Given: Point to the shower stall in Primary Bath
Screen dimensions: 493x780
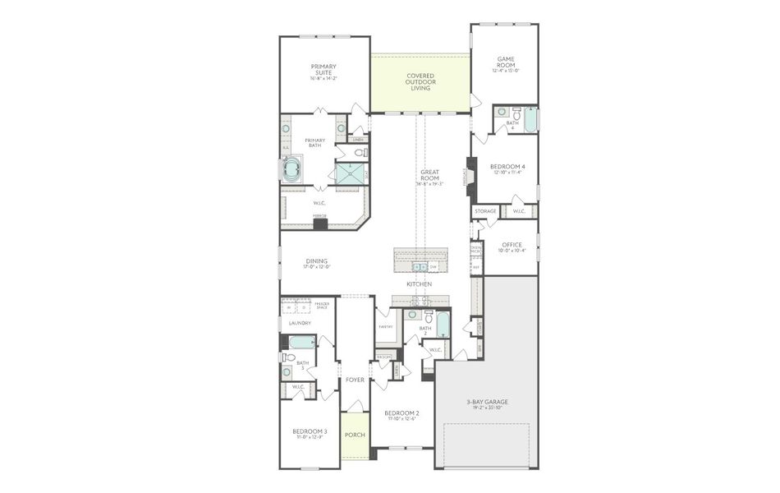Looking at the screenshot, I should tap(350, 173).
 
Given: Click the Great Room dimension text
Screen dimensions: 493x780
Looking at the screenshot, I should tap(429, 185).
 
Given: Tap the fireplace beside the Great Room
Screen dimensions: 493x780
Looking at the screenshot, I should tap(471, 177).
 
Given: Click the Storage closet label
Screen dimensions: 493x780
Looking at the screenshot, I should tap(485, 211).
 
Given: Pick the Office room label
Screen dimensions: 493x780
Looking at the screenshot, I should tap(512, 244).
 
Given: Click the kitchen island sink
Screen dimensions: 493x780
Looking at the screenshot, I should tap(420, 267).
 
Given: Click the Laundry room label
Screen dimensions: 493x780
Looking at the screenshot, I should tap(300, 323).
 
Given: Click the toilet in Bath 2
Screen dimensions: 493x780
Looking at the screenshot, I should tap(415, 316).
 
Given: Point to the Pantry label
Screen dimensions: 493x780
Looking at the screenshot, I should tap(385, 326).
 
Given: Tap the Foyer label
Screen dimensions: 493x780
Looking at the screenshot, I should tap(355, 380).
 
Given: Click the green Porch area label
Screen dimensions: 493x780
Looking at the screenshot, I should tap(355, 435).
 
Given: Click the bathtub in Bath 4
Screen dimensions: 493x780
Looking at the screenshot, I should tap(530, 121).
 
